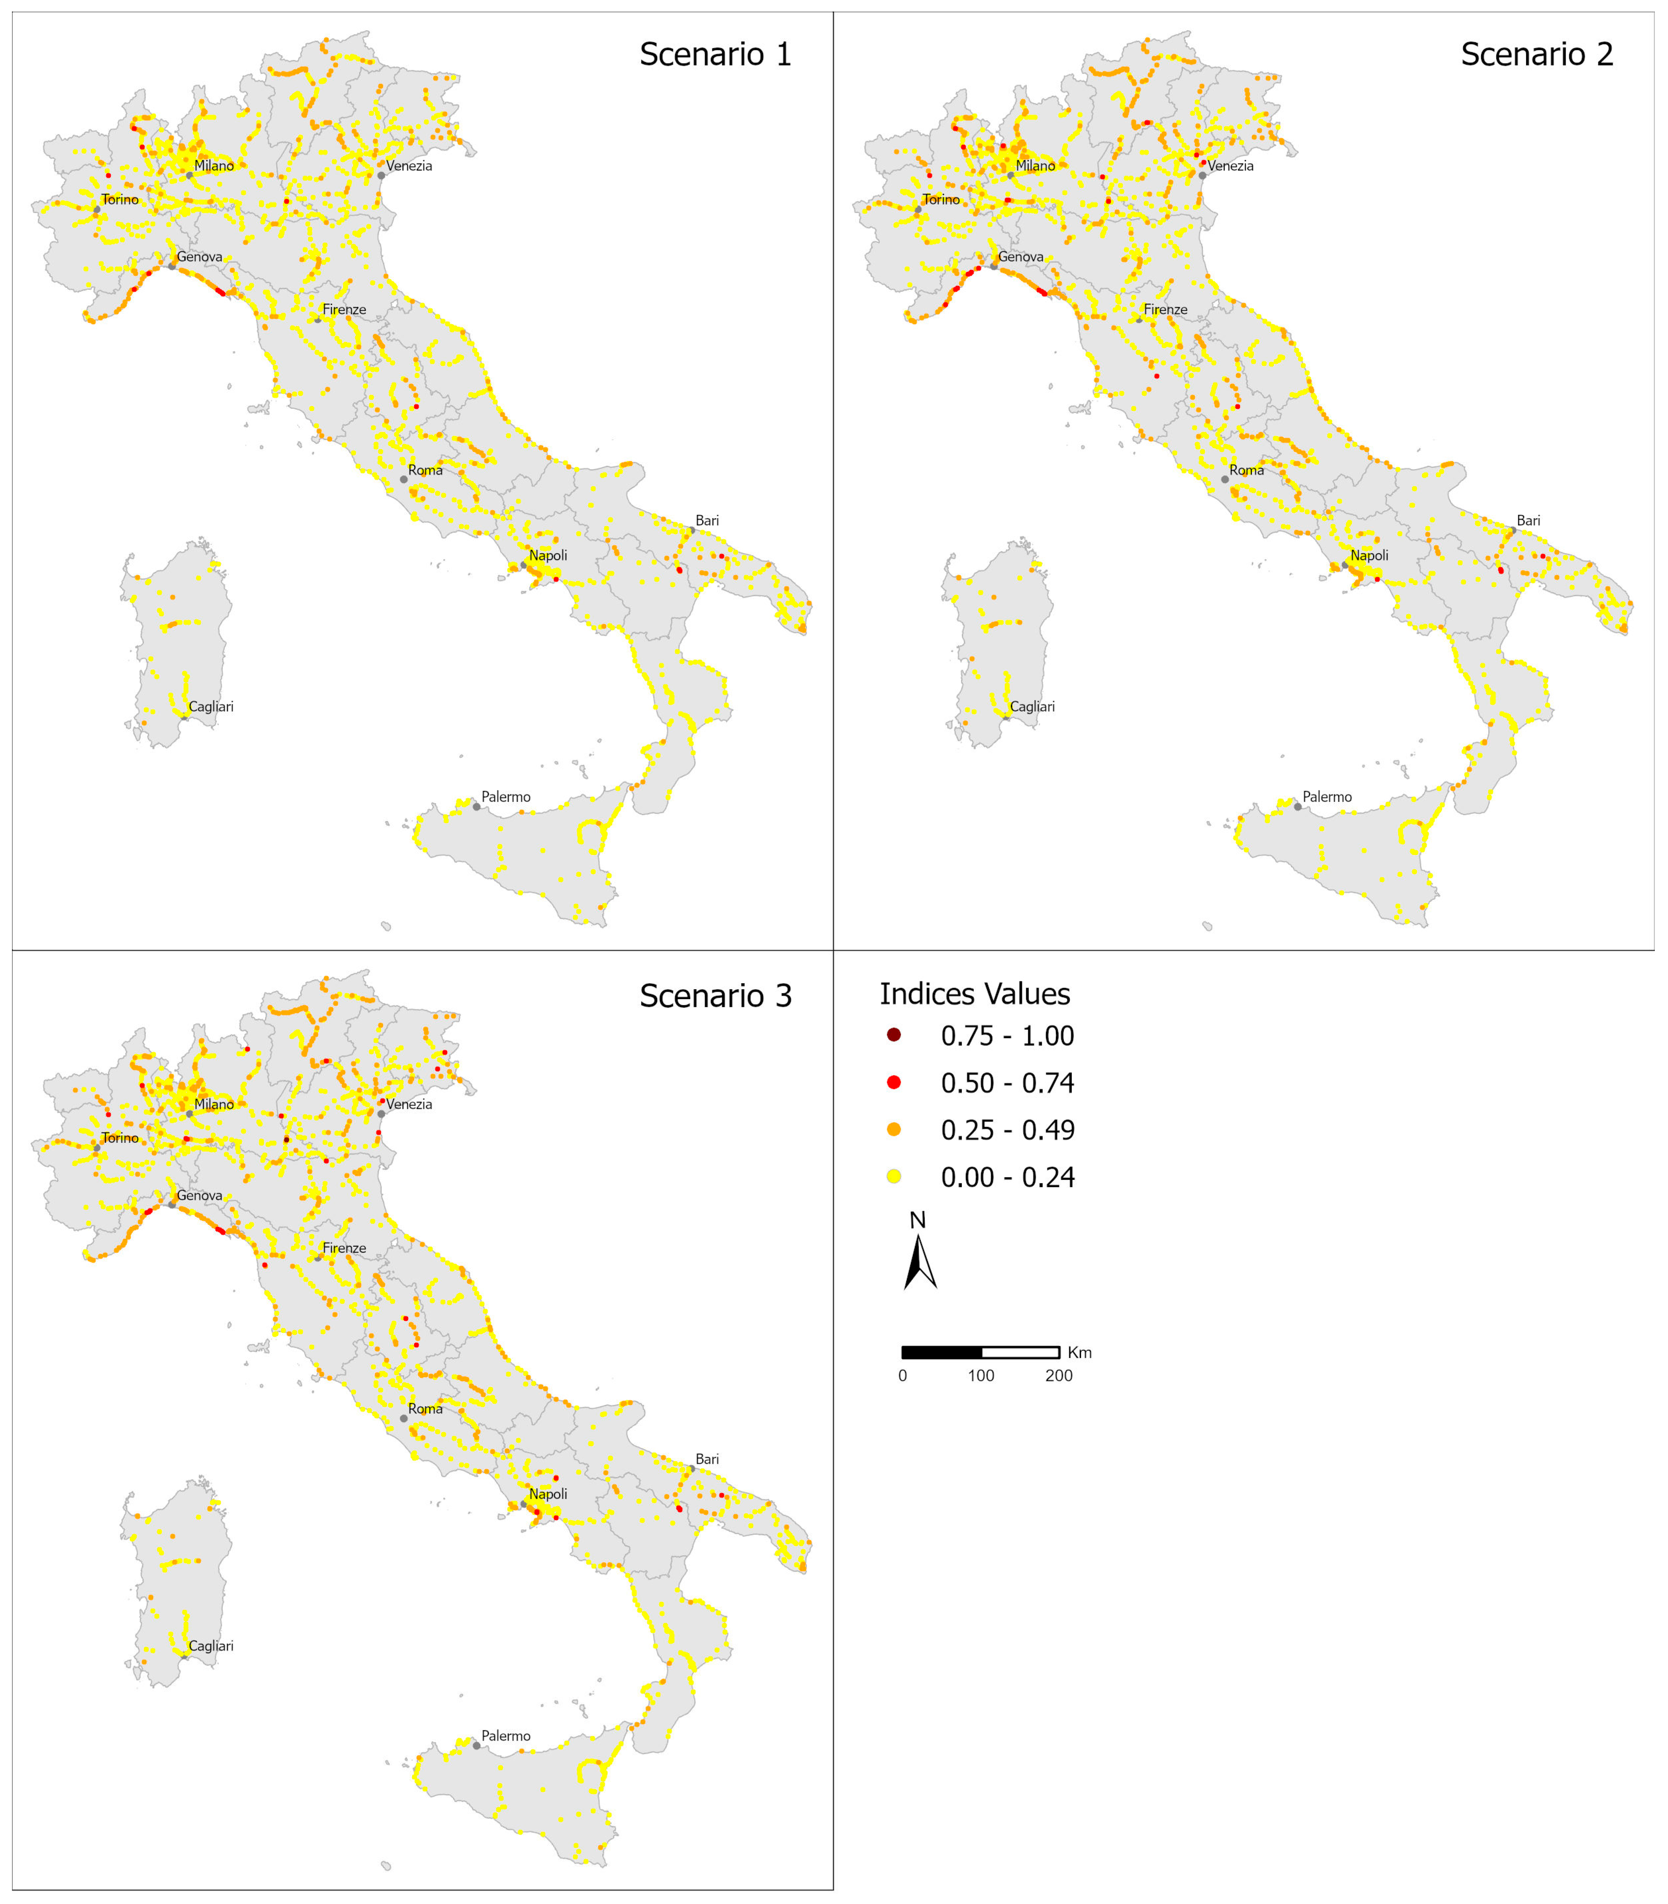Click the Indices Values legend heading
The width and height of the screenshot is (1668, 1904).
point(974,994)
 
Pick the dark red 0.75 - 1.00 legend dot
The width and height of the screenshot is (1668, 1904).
point(894,1035)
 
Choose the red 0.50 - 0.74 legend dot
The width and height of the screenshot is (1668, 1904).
point(894,1082)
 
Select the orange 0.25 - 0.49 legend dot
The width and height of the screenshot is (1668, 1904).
point(894,1129)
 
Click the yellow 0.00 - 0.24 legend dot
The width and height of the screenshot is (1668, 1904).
point(894,1176)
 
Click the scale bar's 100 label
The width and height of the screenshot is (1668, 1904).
point(981,1375)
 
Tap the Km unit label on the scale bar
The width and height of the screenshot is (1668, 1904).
point(1080,1352)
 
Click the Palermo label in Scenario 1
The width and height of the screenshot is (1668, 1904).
point(505,797)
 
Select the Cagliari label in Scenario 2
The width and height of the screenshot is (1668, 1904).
point(1032,706)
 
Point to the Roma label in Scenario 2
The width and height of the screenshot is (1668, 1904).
point(1246,470)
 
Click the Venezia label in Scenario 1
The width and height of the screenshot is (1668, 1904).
point(409,166)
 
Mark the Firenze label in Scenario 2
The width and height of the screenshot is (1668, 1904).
point(1165,309)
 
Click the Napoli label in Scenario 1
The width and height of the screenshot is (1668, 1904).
point(548,556)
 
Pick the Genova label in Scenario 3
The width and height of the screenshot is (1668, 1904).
point(199,1195)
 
